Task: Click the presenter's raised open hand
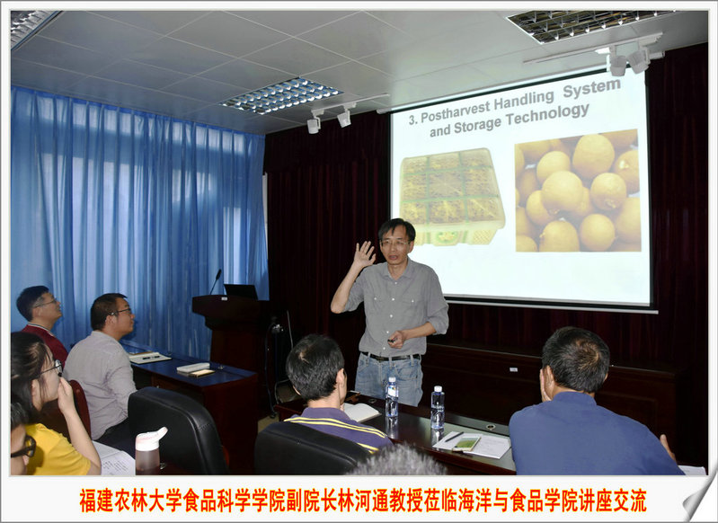coord(364,255)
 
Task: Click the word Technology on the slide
coord(547,116)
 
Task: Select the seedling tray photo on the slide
coord(451,196)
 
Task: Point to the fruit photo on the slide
coord(578,191)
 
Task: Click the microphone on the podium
coord(215,281)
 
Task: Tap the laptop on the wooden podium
coord(241,291)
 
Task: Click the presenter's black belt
coord(390,356)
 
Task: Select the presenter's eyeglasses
coord(394,244)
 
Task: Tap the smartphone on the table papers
coord(466,443)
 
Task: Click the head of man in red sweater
coord(39,305)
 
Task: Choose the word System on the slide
coord(591,87)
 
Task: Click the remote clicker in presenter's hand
coord(392,341)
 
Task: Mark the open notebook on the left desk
coord(149,357)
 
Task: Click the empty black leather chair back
coord(178,430)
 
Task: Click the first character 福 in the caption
coord(87,501)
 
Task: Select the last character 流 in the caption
coord(638,501)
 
